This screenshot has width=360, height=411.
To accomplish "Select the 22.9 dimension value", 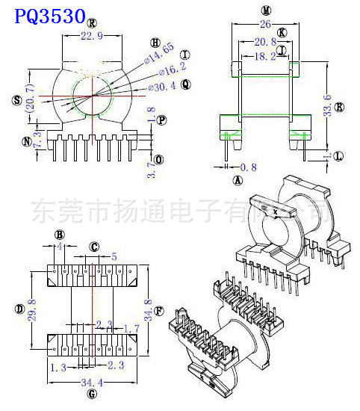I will [x=91, y=36].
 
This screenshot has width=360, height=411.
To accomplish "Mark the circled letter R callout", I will [x=91, y=23].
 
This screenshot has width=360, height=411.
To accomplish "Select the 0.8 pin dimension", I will [x=249, y=167].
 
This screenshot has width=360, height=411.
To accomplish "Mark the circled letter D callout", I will [x=18, y=308].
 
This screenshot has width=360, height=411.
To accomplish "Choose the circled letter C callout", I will [x=94, y=246].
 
